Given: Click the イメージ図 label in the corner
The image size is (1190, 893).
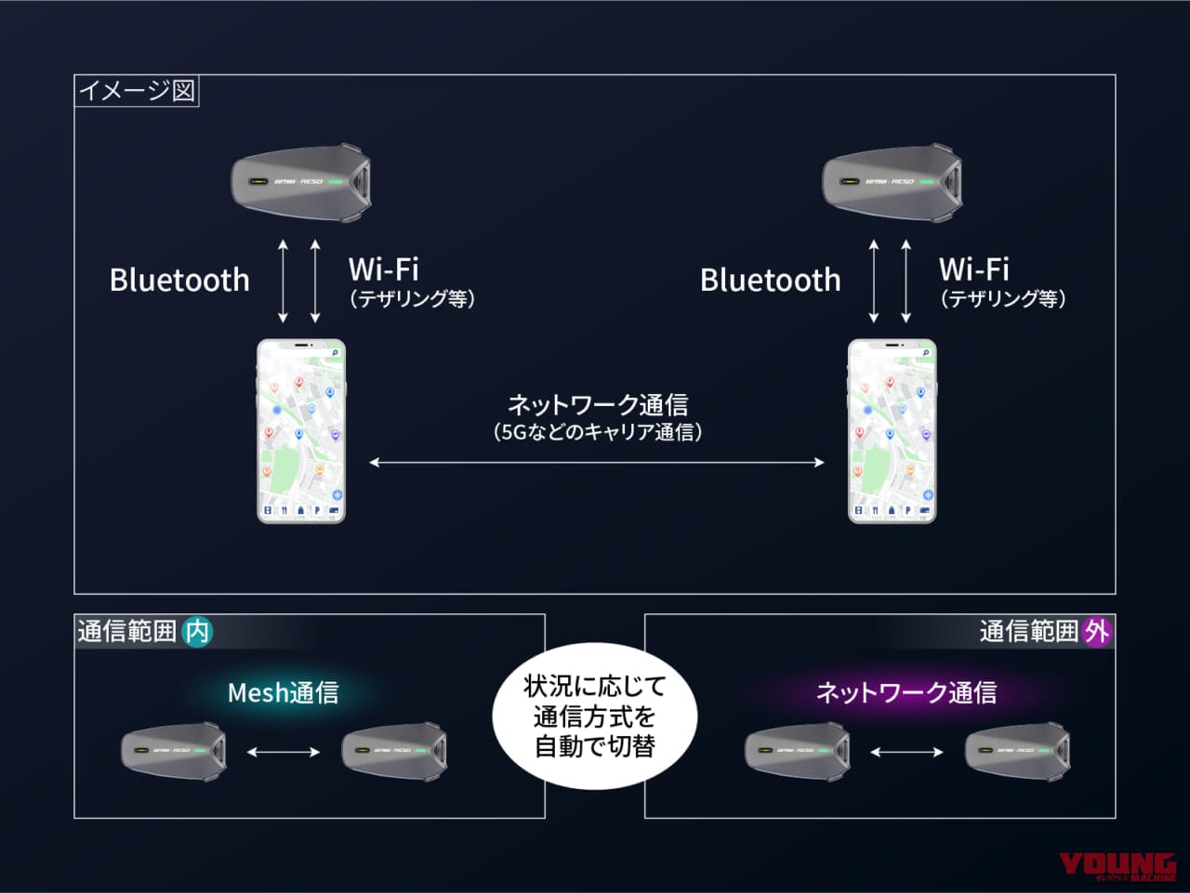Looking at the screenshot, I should [x=137, y=91].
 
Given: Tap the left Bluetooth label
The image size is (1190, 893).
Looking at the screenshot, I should [x=179, y=280].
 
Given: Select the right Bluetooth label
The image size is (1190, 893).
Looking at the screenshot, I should [x=770, y=280].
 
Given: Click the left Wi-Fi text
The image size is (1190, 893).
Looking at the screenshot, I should [x=383, y=269].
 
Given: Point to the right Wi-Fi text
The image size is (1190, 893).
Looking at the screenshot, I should [x=973, y=269].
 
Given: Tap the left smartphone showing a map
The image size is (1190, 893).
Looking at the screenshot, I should [x=301, y=431].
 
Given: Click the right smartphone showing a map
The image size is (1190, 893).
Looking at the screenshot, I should [x=892, y=431].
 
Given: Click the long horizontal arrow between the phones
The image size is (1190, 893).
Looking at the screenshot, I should [x=596, y=462].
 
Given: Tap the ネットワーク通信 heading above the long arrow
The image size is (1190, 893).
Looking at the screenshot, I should [x=597, y=405].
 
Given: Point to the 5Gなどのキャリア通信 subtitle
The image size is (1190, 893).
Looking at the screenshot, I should [x=597, y=432].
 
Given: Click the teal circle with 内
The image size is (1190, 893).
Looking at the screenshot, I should [x=197, y=632].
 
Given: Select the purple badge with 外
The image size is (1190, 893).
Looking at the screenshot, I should [x=1097, y=632].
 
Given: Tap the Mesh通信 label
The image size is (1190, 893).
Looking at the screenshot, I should [x=284, y=692].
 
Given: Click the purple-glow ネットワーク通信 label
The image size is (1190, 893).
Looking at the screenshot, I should [x=906, y=692].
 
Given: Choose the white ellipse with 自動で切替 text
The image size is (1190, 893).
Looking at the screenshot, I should [x=595, y=716].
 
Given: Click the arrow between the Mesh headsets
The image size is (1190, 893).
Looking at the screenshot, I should [x=284, y=752].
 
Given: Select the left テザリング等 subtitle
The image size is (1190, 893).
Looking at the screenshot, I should [x=412, y=298].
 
